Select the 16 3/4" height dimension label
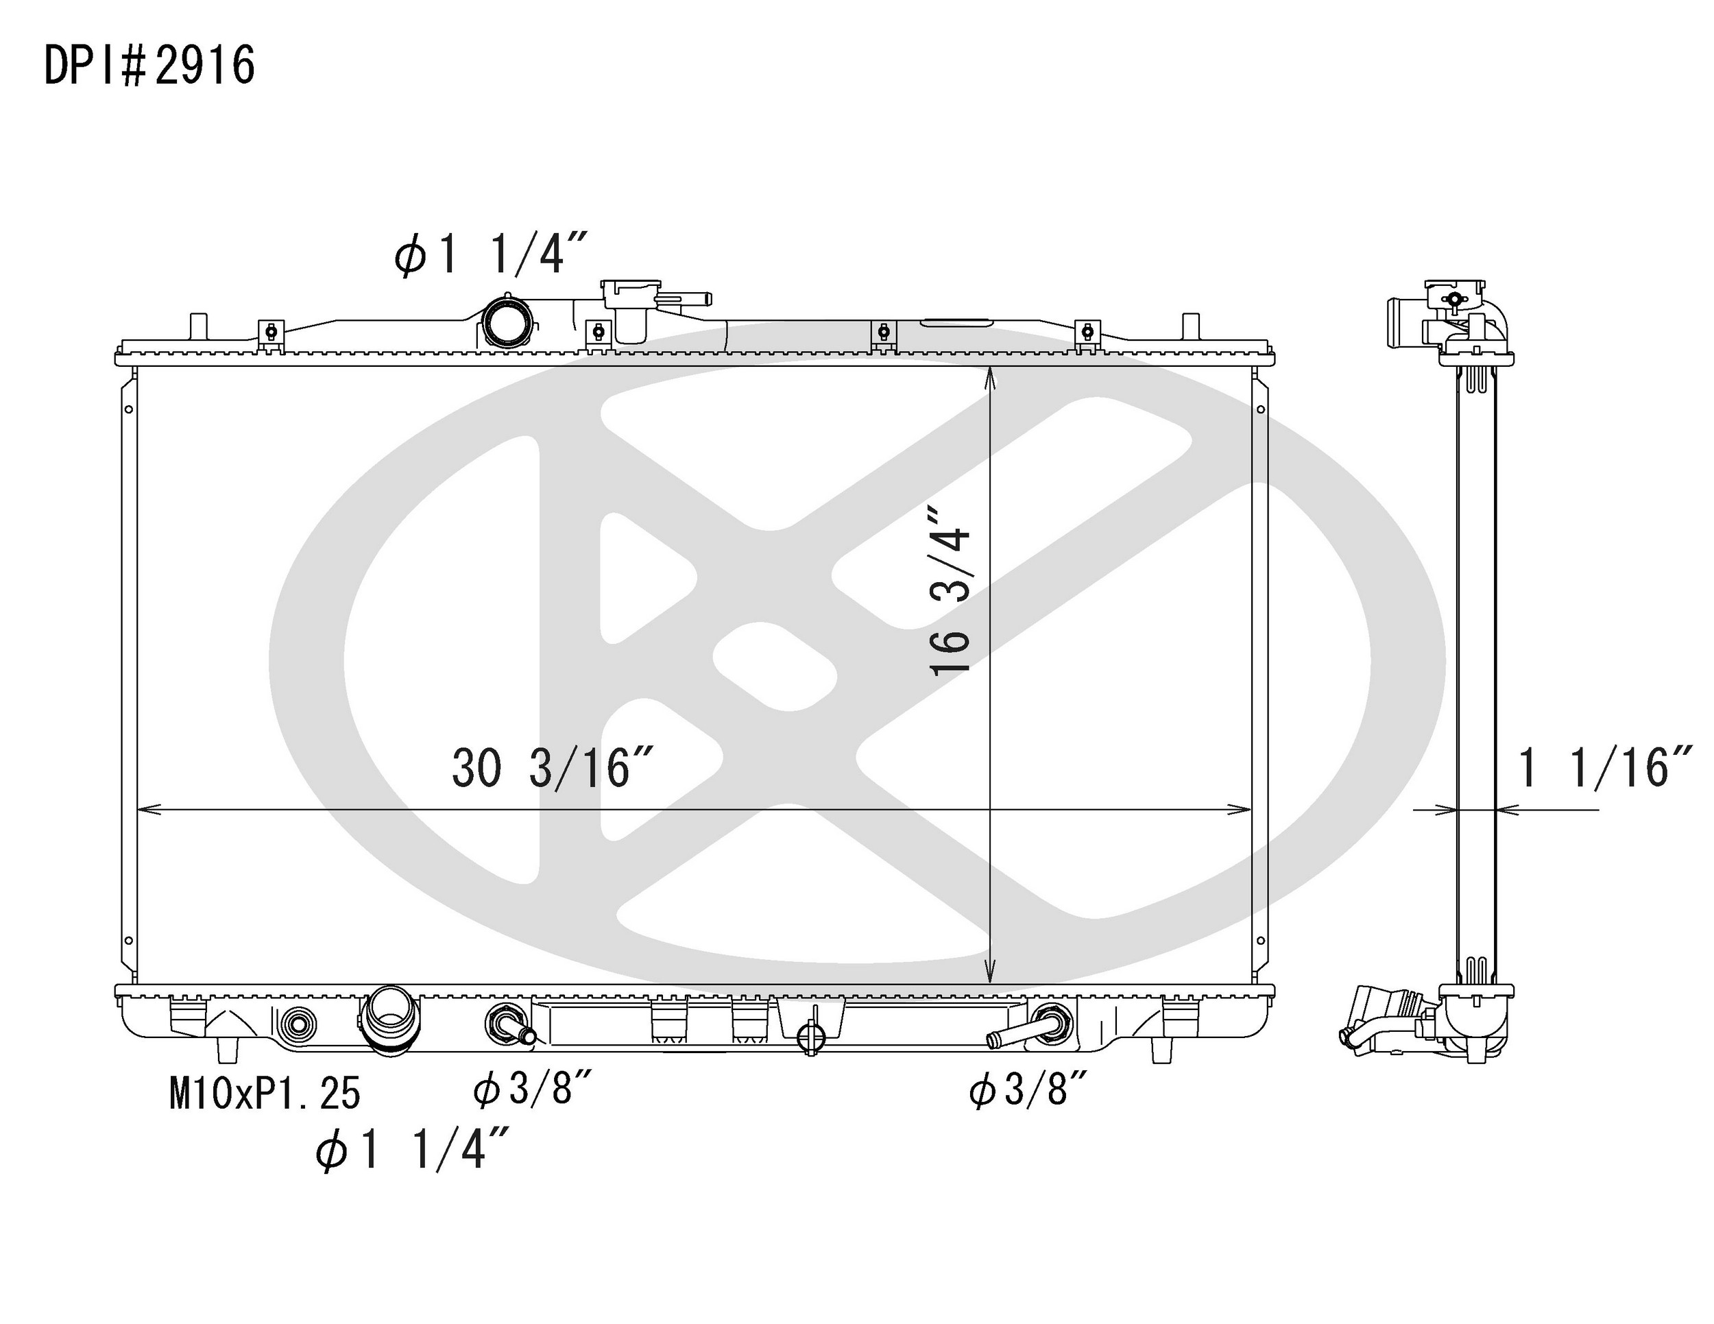coord(950,590)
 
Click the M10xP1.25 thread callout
coord(265,1093)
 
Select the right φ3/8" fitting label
coord(1029,1091)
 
